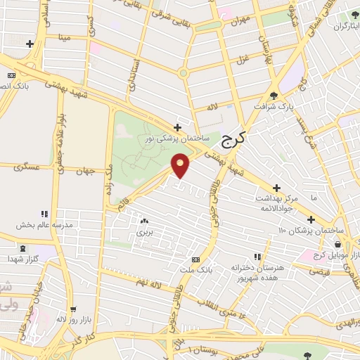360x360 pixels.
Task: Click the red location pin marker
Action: pyautogui.click(x=181, y=165)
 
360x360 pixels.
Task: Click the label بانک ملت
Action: pyautogui.click(x=200, y=269)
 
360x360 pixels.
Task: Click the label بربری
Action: pyautogui.click(x=144, y=231)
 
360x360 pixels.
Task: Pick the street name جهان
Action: pyautogui.click(x=86, y=171)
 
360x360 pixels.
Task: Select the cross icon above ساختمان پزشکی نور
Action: pyautogui.click(x=178, y=127)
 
